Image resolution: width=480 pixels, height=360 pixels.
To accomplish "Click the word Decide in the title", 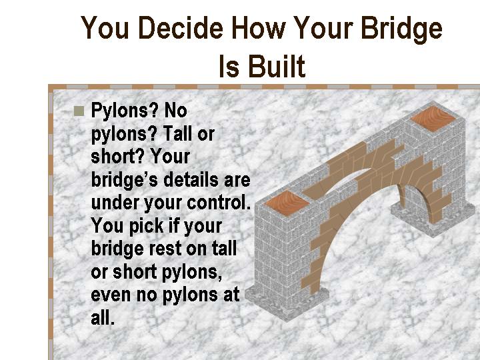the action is [x=181, y=28].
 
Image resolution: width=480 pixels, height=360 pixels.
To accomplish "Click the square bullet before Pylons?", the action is [x=79, y=111].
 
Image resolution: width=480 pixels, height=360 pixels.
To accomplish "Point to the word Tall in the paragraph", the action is [x=178, y=133].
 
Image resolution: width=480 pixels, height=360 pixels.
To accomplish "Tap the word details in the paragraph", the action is [x=191, y=180].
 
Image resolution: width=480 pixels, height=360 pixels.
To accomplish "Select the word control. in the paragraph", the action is [x=219, y=203].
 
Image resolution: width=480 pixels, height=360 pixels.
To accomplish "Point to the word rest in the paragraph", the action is [x=165, y=249].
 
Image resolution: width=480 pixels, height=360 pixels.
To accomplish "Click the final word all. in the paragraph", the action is [x=103, y=317].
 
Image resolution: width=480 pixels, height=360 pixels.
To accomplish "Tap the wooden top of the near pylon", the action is [x=287, y=203].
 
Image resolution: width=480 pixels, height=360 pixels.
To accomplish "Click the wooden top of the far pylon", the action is [x=433, y=119].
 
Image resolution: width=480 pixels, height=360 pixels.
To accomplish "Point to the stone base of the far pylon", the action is [x=434, y=219].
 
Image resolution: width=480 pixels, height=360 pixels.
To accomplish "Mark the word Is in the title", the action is [x=229, y=66].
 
